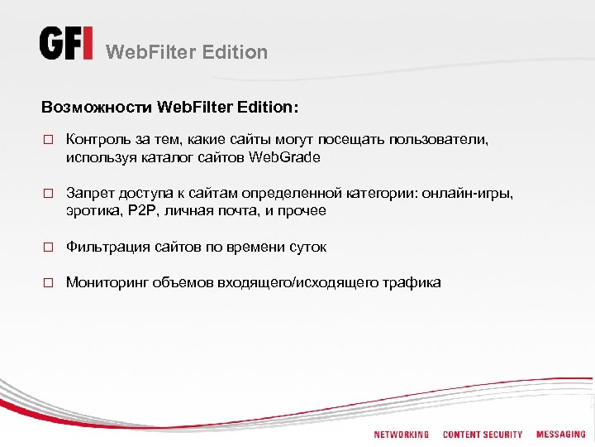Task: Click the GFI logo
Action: (66, 44)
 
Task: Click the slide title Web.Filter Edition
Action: (188, 52)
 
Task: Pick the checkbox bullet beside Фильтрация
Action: (48, 248)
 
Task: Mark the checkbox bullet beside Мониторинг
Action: (48, 283)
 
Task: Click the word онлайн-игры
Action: (468, 194)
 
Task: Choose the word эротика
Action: (92, 210)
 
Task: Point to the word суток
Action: (307, 247)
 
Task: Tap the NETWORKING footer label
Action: (401, 435)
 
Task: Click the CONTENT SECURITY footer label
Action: (483, 435)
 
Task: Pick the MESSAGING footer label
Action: (561, 435)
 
